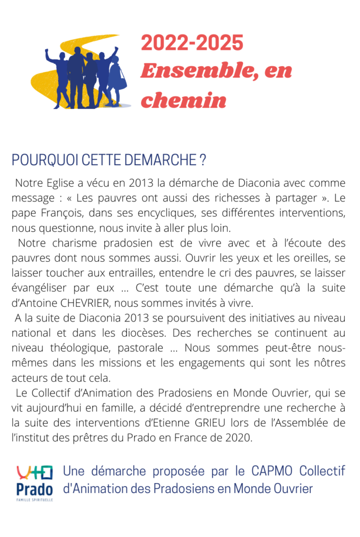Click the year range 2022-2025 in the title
(x=192, y=43)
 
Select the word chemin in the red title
(x=183, y=100)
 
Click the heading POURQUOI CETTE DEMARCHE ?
(x=108, y=160)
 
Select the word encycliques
(x=173, y=213)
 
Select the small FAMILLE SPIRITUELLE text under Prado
(x=35, y=500)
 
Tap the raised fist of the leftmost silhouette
(x=47, y=52)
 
